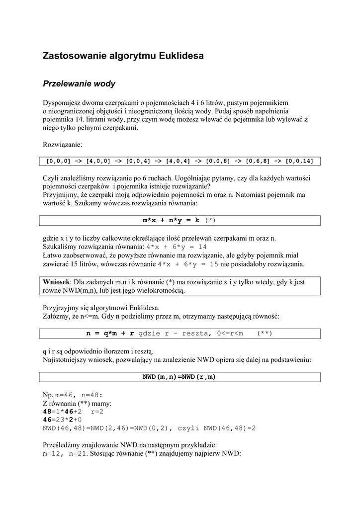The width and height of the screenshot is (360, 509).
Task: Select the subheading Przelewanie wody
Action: (x=79, y=84)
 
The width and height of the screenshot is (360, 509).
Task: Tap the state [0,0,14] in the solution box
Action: (x=300, y=161)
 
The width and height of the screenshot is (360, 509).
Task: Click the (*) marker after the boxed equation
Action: (x=211, y=220)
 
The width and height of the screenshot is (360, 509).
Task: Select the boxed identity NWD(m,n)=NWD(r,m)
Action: (x=180, y=377)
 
